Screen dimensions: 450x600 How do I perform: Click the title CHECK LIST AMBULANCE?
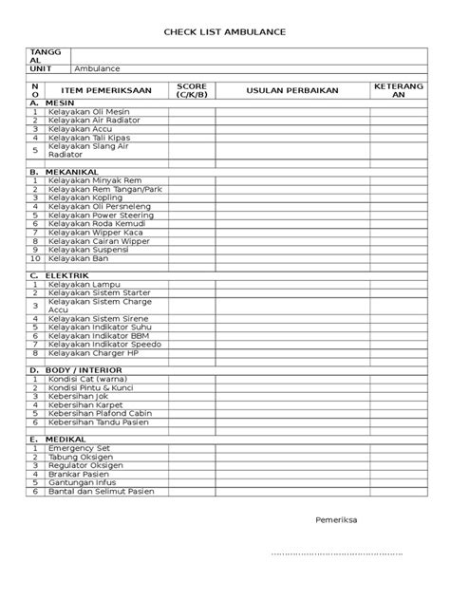tap(224, 32)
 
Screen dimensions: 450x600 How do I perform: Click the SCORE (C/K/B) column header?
tap(191, 90)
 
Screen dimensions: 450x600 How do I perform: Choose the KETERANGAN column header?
tap(393, 90)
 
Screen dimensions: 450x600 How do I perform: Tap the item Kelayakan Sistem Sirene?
tap(97, 318)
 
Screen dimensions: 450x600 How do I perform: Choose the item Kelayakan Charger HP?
tap(94, 352)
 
